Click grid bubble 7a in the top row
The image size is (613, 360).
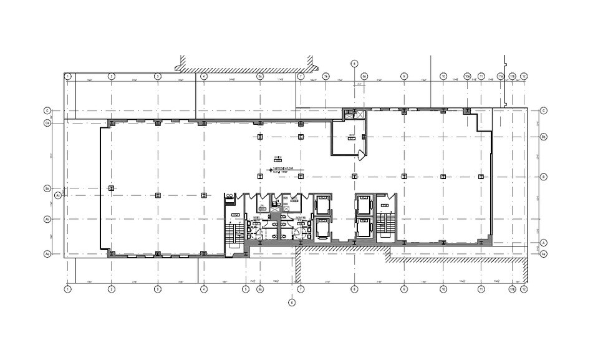(x=326, y=76)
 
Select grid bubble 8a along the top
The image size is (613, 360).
(x=365, y=76)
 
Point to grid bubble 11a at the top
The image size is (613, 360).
(x=500, y=76)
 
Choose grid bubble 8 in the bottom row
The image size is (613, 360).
(x=354, y=289)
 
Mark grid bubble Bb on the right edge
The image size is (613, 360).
(x=543, y=136)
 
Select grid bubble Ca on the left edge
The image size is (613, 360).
(x=47, y=124)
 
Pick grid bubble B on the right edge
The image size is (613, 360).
(x=543, y=177)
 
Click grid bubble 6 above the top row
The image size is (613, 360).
(x=354, y=63)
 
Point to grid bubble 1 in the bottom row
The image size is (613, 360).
(x=67, y=289)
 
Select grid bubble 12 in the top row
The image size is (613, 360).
(x=524, y=76)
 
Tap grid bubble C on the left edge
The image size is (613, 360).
(x=47, y=110)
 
